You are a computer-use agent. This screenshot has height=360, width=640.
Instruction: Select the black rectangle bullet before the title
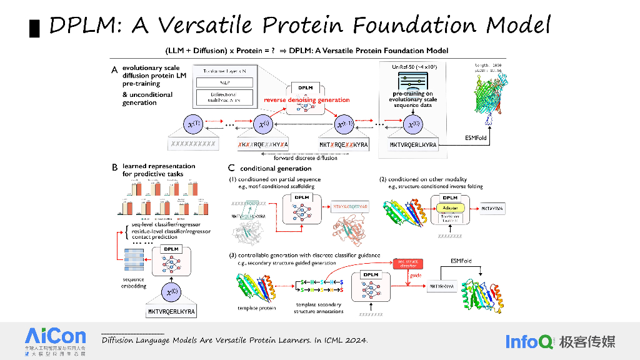(x=35, y=27)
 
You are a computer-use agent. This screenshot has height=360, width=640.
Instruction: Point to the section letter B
(x=114, y=167)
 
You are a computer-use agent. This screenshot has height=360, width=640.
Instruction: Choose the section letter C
(x=231, y=168)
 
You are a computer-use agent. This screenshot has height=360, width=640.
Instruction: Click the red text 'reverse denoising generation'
(x=306, y=99)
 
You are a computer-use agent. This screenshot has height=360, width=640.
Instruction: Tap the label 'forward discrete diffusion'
(x=306, y=158)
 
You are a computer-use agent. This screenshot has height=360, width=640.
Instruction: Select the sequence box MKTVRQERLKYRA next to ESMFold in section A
(x=413, y=144)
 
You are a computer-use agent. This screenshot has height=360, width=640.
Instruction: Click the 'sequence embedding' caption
(x=133, y=283)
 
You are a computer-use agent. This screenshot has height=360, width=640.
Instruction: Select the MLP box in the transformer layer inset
(x=225, y=82)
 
